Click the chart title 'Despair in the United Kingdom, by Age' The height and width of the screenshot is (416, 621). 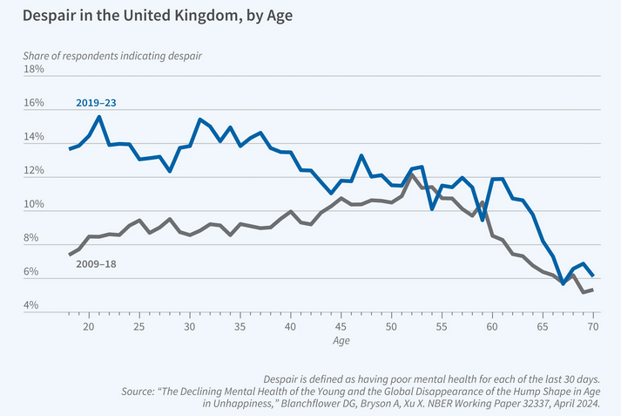pos(158,16)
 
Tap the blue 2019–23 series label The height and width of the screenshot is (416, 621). pos(96,103)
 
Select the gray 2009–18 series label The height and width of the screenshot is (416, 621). pos(96,264)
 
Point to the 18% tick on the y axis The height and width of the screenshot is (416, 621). pos(34,69)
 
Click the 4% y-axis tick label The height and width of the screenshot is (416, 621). pos(30,305)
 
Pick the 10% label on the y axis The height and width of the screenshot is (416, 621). pos(34,204)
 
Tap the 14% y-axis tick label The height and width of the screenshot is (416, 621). pos(34,137)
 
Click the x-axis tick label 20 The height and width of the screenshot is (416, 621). pos(89,327)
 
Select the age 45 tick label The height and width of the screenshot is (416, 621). pos(341,327)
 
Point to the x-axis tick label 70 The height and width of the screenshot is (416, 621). pos(593,327)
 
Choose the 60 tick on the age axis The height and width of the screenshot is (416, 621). pos(492,327)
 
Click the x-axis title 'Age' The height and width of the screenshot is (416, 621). pos(341,341)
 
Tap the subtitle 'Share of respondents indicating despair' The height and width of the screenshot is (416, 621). pos(112,56)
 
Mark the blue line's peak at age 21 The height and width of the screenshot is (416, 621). pos(99,117)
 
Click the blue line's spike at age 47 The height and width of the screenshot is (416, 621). pos(361,156)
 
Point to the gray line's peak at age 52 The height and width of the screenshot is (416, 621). pos(412,174)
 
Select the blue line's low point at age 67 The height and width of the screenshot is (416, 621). pos(563,283)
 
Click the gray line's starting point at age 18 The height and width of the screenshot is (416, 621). pos(70,255)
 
